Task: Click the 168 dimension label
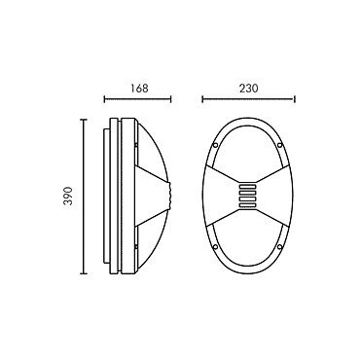coord(139,89)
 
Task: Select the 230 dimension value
coord(249,89)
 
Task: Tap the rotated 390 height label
coord(68,196)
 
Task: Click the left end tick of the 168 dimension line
coord(104,99)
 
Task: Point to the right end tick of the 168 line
coord(170,99)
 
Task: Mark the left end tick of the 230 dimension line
coord(202,99)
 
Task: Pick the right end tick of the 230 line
coord(294,99)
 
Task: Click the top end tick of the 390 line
coord(84,120)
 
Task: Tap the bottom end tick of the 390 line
coord(84,273)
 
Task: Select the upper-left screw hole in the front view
coord(215,145)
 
